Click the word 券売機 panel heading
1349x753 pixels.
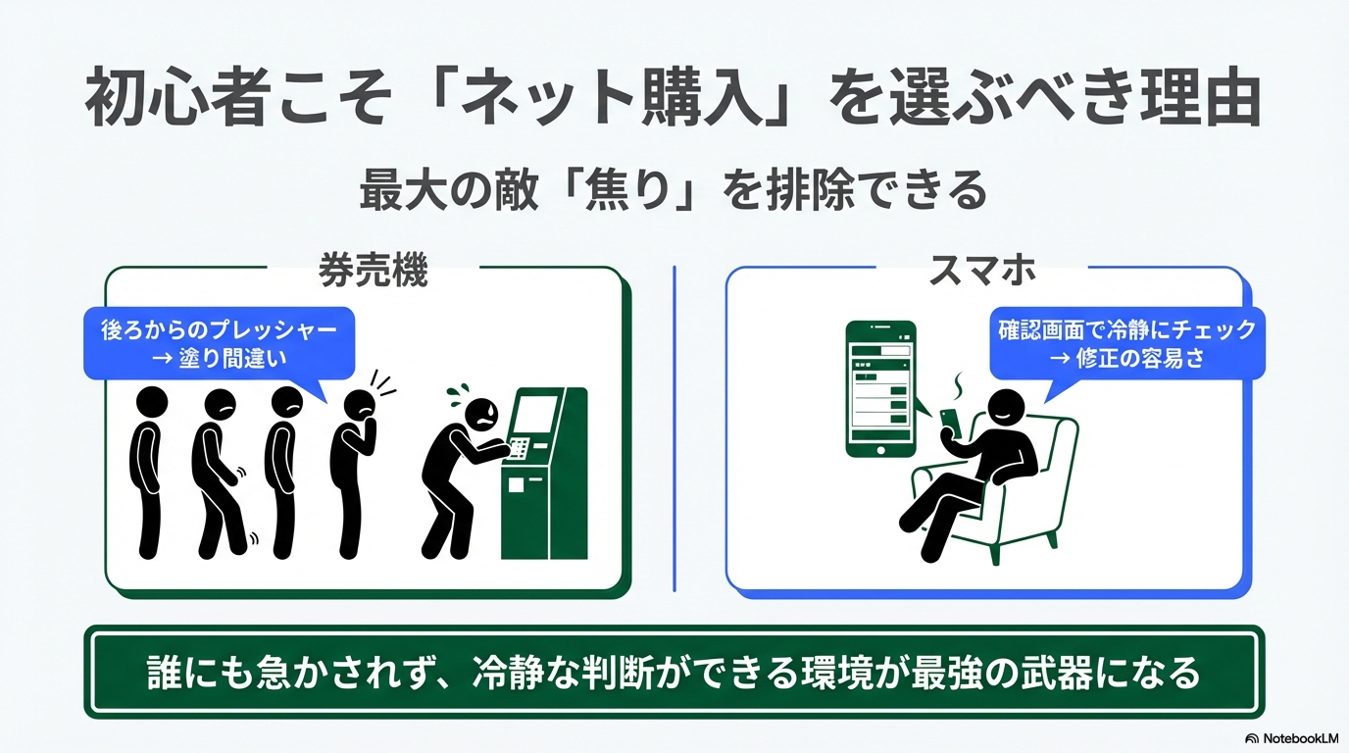pyautogui.click(x=373, y=271)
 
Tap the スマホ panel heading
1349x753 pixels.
pyautogui.click(x=982, y=270)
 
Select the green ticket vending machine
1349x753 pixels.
pyautogui.click(x=544, y=474)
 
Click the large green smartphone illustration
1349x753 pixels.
pyautogui.click(x=880, y=389)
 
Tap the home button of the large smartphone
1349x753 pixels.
pyautogui.click(x=880, y=450)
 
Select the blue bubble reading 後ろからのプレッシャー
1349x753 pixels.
pyautogui.click(x=220, y=344)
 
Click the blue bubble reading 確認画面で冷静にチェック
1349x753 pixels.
pyautogui.click(x=1127, y=344)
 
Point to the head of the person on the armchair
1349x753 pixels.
pyautogui.click(x=1006, y=410)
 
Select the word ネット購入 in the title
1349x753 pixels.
pyautogui.click(x=610, y=99)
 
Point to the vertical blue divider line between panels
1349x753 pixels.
pyautogui.click(x=674, y=428)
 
